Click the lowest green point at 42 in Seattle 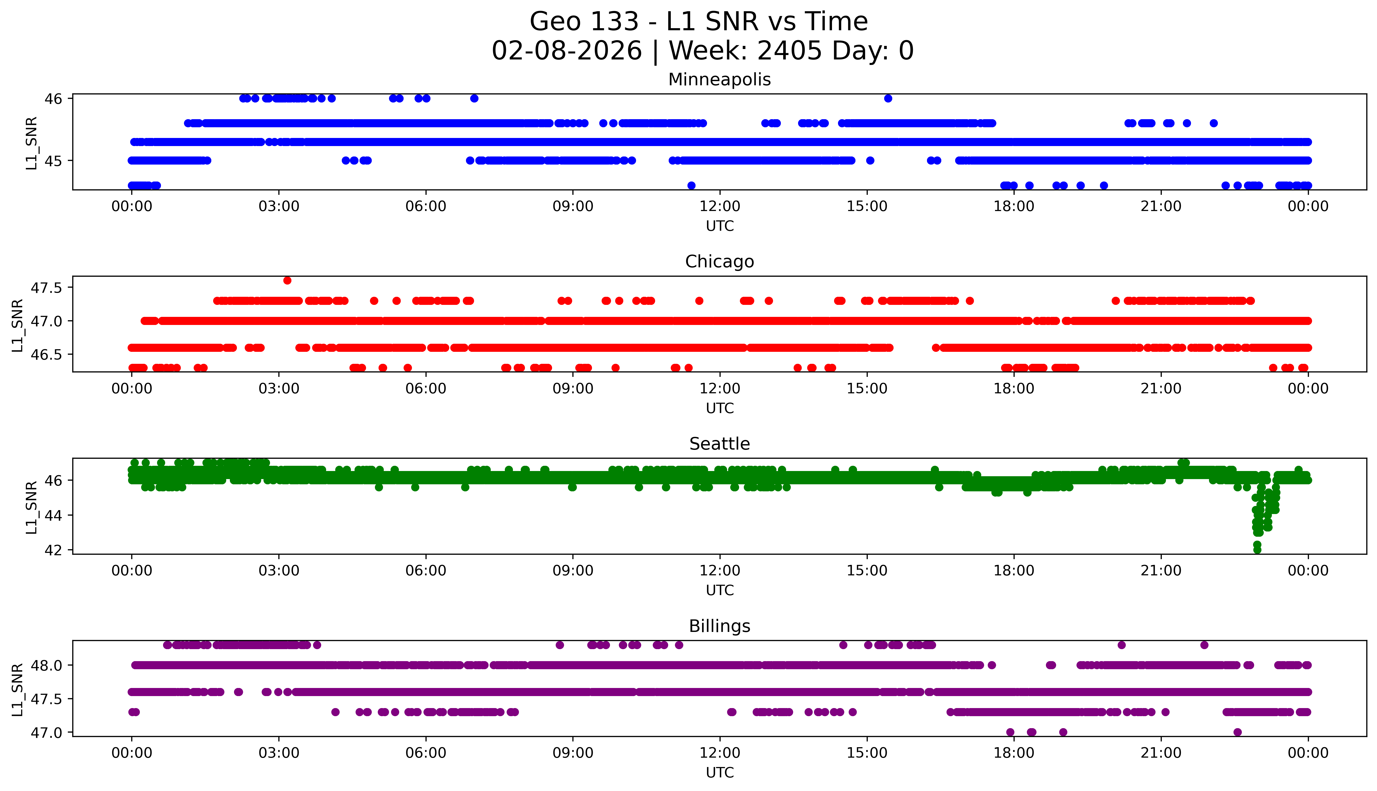pos(1257,550)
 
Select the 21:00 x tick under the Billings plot pos(1161,753)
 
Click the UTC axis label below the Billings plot pos(720,772)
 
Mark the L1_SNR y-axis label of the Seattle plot pos(32,507)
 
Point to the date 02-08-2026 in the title pos(567,51)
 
